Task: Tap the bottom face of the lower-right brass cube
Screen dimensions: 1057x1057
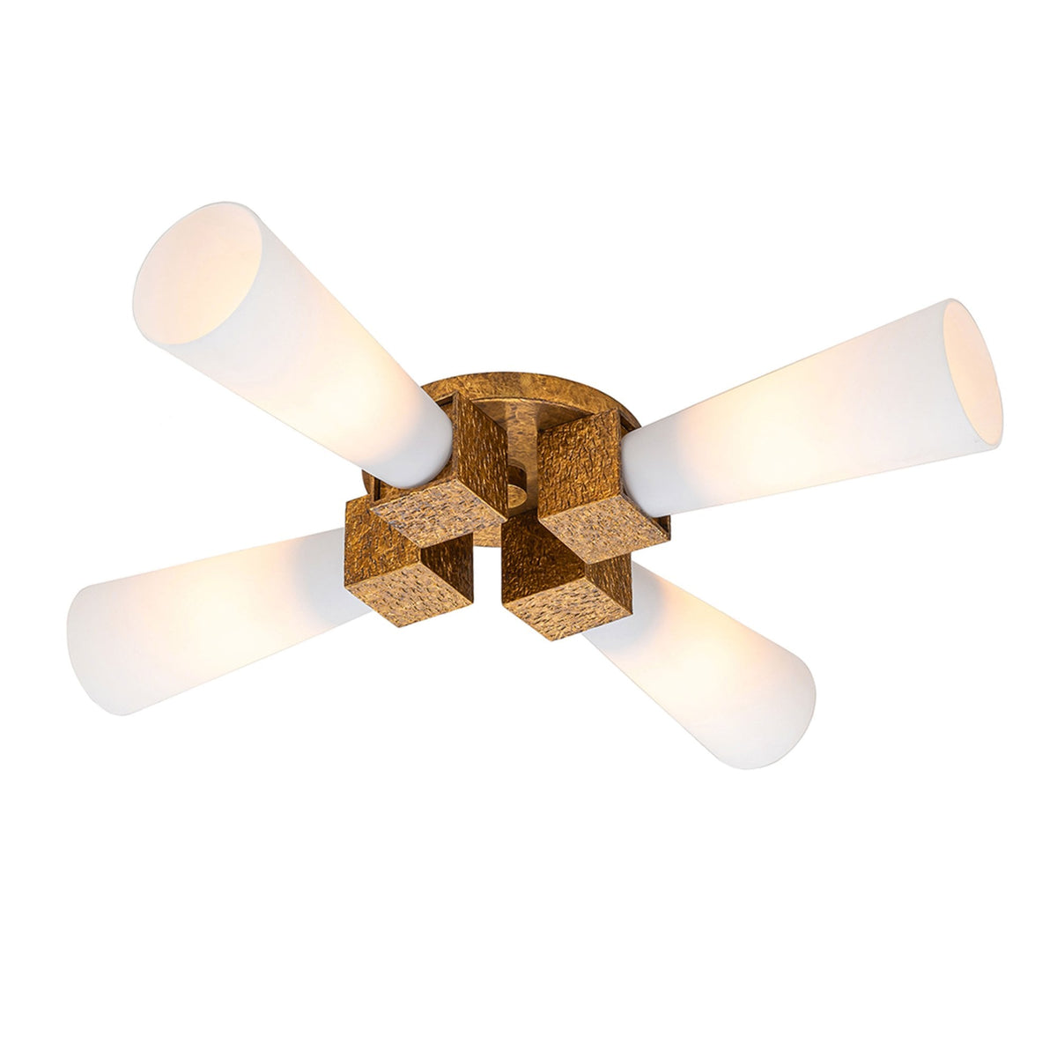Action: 573,608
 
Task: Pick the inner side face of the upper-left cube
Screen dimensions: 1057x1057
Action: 480,449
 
